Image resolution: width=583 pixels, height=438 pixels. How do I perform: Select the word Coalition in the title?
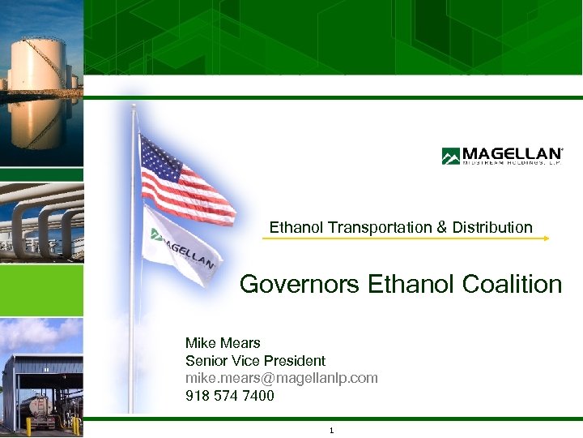(x=512, y=285)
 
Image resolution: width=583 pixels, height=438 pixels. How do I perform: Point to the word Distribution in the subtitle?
(x=492, y=228)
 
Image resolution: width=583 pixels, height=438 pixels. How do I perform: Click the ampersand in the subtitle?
(x=441, y=228)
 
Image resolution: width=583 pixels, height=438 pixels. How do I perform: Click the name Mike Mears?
(x=223, y=343)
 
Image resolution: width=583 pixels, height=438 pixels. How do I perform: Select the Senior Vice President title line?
(x=255, y=361)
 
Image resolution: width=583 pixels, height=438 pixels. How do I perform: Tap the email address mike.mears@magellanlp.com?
(x=281, y=378)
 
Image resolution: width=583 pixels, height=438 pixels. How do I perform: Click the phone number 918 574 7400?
(x=229, y=396)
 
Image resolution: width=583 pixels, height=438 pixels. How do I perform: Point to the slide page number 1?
(x=332, y=430)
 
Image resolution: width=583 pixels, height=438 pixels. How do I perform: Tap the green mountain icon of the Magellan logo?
(x=450, y=156)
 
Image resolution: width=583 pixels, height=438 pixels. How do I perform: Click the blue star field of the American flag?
(x=160, y=158)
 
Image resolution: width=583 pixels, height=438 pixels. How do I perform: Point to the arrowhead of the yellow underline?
(x=547, y=238)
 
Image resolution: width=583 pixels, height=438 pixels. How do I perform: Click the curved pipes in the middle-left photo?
(x=40, y=223)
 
